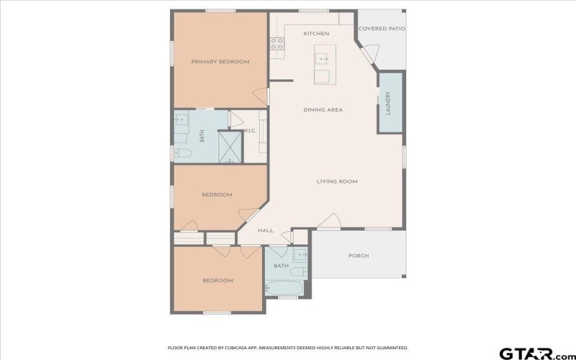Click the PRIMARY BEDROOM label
tap(220, 62)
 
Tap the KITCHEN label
tap(316, 34)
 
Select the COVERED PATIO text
tap(382, 29)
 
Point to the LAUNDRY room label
tap(388, 102)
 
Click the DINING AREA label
tap(323, 110)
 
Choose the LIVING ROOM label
tap(337, 181)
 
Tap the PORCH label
tap(359, 256)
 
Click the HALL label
tap(266, 230)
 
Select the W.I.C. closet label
tap(250, 130)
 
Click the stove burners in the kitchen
tap(276, 44)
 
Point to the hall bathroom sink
tap(300, 254)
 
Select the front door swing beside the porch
tap(328, 222)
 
